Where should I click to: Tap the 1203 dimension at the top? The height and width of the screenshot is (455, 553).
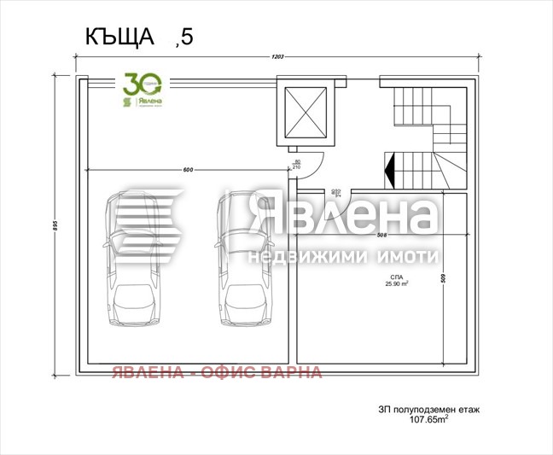click(x=277, y=57)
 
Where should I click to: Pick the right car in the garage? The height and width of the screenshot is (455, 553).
click(x=244, y=260)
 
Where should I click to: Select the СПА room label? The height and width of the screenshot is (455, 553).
click(x=396, y=278)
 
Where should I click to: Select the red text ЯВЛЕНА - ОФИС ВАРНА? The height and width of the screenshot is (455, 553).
click(x=217, y=372)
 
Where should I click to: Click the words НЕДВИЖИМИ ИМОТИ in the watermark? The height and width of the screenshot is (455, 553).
click(x=343, y=256)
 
